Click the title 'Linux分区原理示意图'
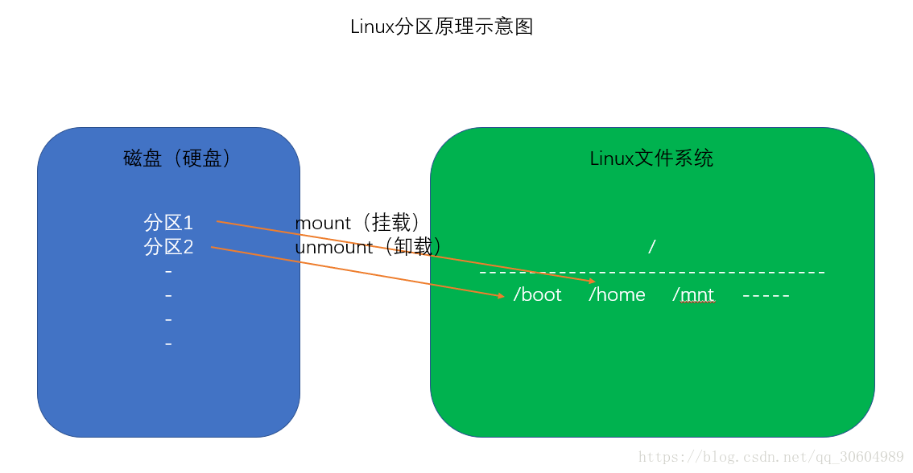[441, 27]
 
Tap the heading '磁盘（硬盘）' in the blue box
[177, 158]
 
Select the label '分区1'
[169, 223]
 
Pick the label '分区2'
[169, 247]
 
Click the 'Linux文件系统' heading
[651, 158]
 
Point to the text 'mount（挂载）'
[357, 223]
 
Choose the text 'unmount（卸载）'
[368, 247]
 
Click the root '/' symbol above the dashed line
[651, 247]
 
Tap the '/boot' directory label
[538, 294]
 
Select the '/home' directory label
[617, 294]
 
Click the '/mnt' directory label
[693, 294]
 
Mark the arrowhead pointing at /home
[592, 282]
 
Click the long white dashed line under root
[652, 274]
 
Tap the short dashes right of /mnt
[766, 296]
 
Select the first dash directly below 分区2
[168, 272]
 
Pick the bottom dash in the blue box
[168, 344]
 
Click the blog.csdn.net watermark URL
[770, 457]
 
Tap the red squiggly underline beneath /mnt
[697, 303]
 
